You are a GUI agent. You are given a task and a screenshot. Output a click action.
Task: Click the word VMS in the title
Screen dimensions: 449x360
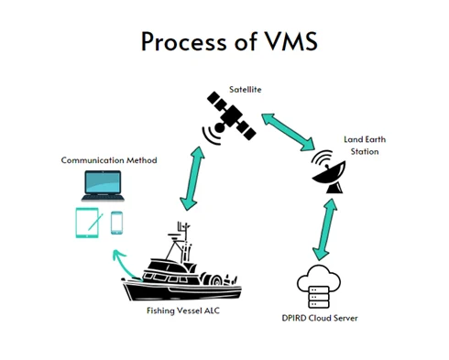click(x=291, y=41)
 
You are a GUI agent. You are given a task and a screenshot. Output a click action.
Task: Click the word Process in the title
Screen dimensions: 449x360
click(x=183, y=41)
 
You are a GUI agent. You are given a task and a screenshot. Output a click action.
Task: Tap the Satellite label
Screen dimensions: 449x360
click(x=246, y=90)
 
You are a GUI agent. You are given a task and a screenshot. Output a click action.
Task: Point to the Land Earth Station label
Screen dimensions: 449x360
click(x=365, y=146)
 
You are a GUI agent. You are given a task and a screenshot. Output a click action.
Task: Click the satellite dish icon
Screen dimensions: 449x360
click(x=328, y=171)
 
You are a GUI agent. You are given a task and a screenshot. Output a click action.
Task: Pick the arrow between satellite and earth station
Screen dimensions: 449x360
click(x=288, y=132)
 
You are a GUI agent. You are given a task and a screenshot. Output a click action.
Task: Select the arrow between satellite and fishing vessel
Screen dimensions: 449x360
click(x=192, y=179)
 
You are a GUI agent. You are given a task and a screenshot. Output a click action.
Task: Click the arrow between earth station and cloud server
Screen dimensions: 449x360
click(x=324, y=229)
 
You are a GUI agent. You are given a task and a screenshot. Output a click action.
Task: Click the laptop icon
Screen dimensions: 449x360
click(x=103, y=186)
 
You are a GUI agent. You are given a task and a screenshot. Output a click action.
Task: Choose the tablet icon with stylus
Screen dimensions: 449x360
click(x=89, y=223)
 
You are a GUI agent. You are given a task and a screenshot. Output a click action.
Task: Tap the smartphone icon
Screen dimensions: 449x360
click(x=116, y=223)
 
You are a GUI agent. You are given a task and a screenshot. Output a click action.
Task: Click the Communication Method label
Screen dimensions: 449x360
click(x=109, y=160)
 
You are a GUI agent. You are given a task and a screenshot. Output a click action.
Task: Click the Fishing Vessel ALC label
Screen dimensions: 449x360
click(x=183, y=311)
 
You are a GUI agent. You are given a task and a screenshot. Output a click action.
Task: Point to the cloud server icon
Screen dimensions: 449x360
click(x=319, y=287)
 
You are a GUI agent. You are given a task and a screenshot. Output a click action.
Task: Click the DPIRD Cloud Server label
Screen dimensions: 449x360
click(x=320, y=318)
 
